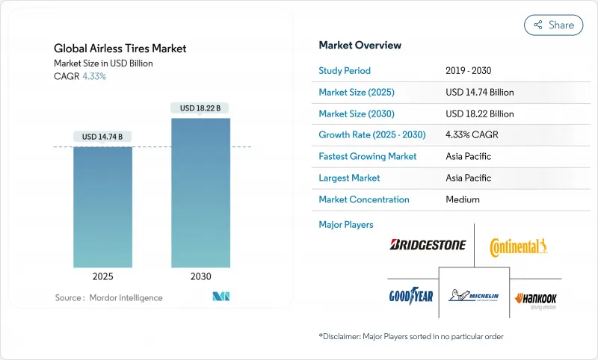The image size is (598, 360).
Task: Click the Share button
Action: click(x=554, y=25)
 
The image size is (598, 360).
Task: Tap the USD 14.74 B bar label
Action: click(x=103, y=137)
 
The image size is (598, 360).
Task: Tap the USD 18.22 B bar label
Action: click(x=200, y=108)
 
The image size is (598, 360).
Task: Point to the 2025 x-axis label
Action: click(x=103, y=276)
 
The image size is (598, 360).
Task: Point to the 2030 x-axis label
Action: click(x=200, y=276)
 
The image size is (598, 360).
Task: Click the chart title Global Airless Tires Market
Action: click(x=120, y=49)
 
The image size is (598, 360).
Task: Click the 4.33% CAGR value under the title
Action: click(x=93, y=76)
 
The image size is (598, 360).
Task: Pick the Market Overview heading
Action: click(x=360, y=46)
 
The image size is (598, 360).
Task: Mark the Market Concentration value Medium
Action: click(x=462, y=199)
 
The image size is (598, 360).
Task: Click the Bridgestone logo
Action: click(x=428, y=245)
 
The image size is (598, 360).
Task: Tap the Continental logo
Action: click(x=519, y=246)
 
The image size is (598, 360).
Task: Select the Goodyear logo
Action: click(x=411, y=296)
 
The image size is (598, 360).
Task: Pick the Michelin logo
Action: click(x=474, y=297)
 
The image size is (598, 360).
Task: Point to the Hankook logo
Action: click(x=536, y=300)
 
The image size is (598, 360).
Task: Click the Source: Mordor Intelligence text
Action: click(x=108, y=297)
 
